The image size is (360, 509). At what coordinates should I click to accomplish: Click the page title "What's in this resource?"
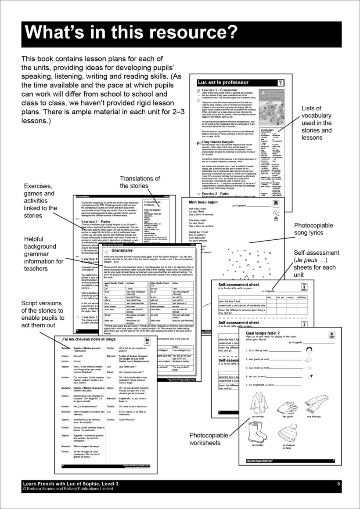[x=131, y=33]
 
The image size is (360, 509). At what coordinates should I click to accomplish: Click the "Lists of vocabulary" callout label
[x=316, y=123]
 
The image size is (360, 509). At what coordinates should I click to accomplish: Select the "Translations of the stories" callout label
[x=140, y=182]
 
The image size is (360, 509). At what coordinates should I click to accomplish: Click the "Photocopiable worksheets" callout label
[x=209, y=439]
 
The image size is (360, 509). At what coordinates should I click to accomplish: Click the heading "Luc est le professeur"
[x=223, y=82]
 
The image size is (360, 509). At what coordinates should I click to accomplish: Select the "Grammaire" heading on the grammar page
[x=119, y=250]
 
